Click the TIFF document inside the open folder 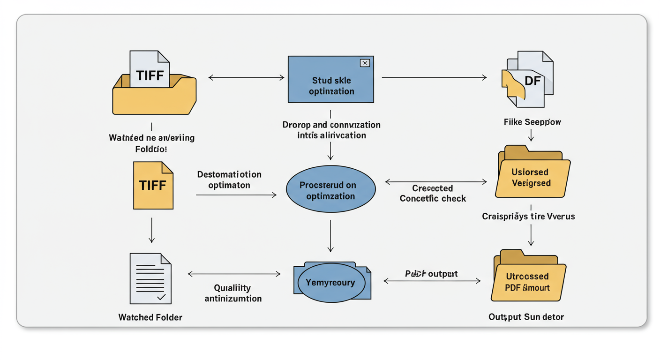150,70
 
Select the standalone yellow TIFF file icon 153,186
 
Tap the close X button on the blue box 365,63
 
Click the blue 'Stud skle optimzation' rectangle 331,86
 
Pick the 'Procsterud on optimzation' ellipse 331,190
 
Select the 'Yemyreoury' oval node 330,283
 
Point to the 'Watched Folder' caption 150,317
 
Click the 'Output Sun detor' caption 526,317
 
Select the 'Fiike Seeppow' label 532,122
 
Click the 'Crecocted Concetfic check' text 433,193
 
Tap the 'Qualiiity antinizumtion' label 233,293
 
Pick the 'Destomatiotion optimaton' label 229,180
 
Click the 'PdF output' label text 431,273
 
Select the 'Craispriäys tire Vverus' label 528,217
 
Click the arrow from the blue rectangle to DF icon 434,77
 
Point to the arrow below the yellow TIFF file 151,230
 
